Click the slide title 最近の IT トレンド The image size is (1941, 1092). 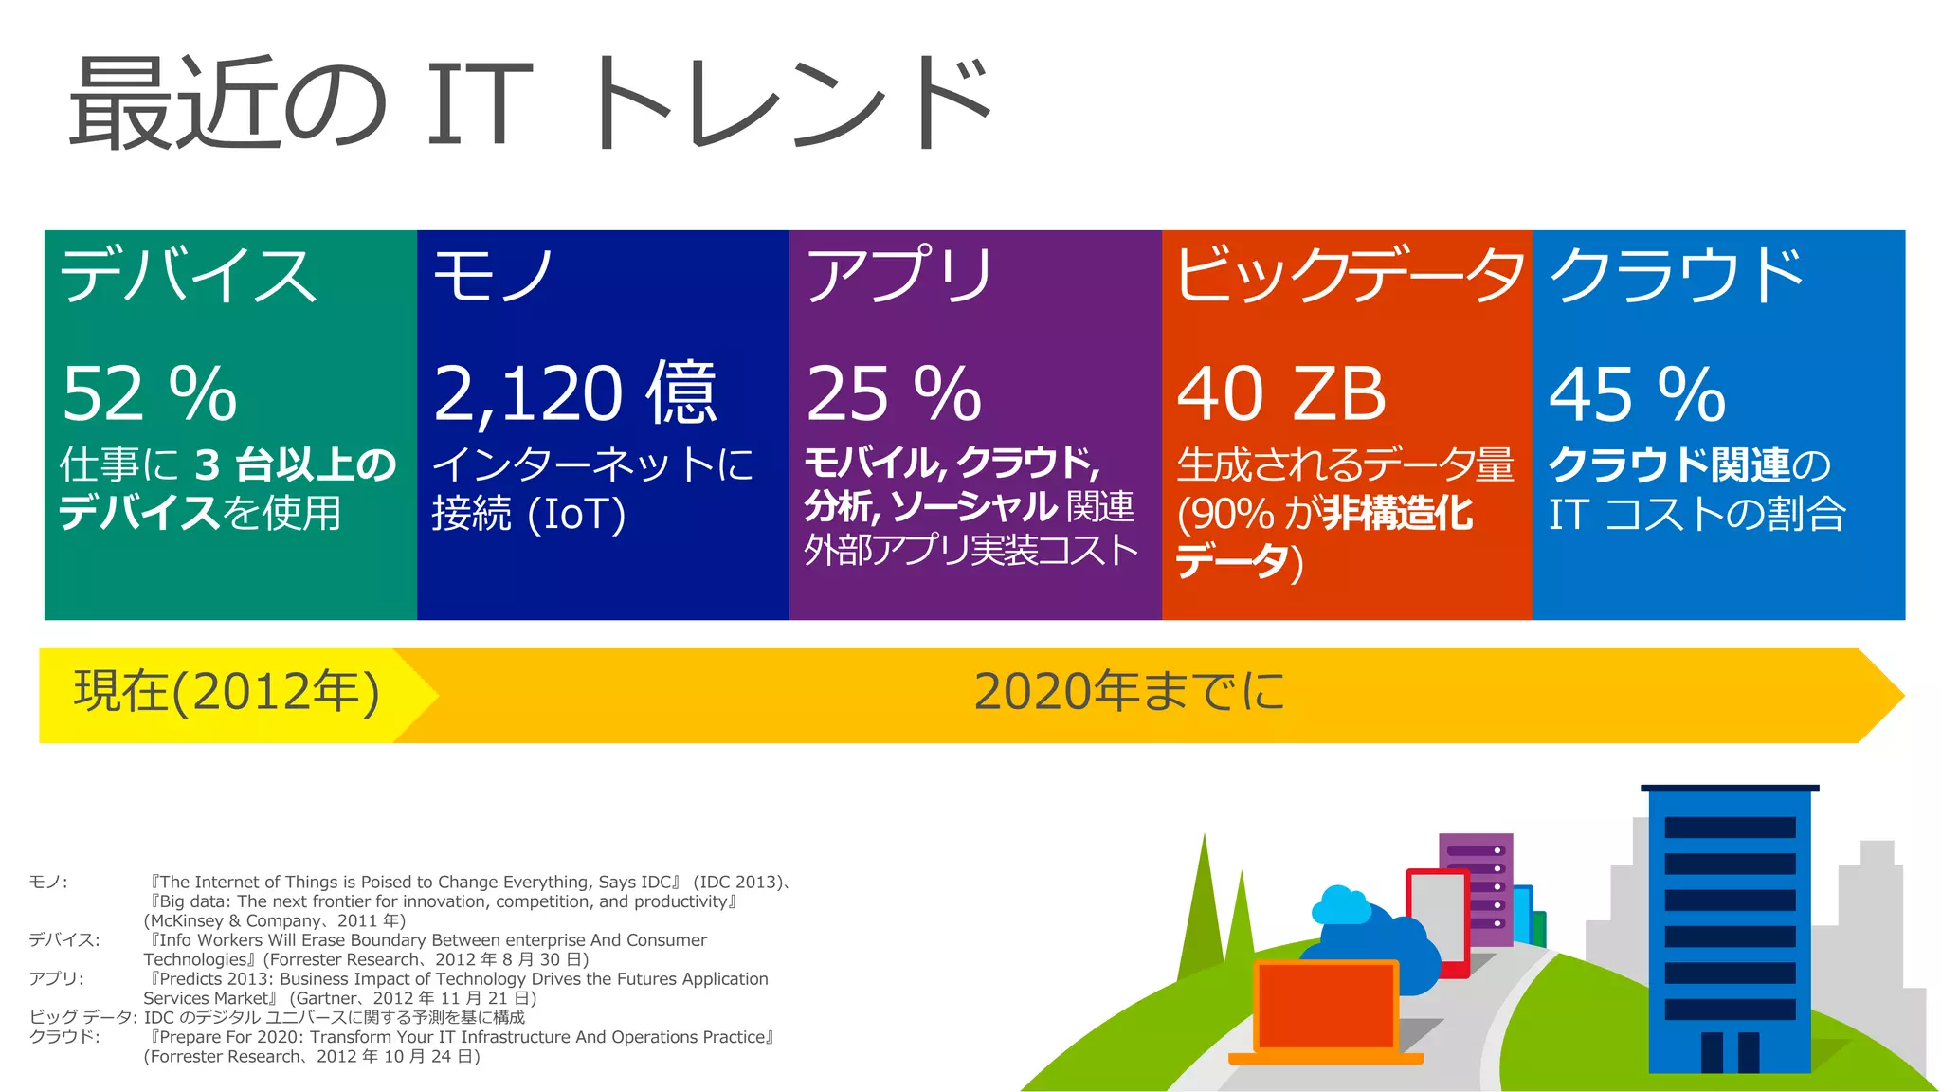point(531,102)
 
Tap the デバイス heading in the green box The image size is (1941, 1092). point(188,275)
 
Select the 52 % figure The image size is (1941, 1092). point(150,393)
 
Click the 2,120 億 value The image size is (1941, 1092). point(575,393)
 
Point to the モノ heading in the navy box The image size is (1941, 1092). point(493,275)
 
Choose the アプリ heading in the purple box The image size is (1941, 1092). point(898,275)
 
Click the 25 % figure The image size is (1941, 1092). point(894,393)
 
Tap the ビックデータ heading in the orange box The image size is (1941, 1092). point(1348,275)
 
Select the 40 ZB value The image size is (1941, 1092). point(1281,393)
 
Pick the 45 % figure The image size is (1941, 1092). point(1638,393)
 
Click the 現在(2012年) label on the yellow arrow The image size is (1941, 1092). point(227,691)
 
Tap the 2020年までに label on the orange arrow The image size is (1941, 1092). point(1130,691)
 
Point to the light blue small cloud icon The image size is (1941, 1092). point(1339,905)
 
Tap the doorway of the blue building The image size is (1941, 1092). point(1730,1052)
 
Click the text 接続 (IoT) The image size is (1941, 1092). point(529,514)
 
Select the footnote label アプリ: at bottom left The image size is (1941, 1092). point(56,978)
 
